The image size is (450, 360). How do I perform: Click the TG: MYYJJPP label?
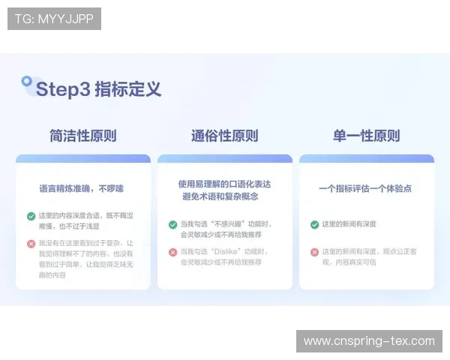pos(54,19)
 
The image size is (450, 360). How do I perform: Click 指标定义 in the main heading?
pos(127,89)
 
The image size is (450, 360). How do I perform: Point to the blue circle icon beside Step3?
pos(27,80)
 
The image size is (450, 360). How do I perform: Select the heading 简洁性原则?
pos(83,136)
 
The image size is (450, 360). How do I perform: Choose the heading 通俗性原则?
pos(224,136)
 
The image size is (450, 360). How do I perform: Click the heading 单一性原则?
pos(366,136)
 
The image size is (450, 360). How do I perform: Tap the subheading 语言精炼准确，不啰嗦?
pos(82,188)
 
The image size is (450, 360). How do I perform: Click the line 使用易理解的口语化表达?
pos(224,183)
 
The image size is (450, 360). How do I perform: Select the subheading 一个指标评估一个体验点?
pos(365,188)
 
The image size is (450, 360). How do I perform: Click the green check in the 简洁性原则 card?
pos(31,216)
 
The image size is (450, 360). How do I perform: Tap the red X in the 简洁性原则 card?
pos(31,244)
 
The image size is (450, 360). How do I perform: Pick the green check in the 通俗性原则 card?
pos(173,224)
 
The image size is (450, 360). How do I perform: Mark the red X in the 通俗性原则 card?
pos(173,252)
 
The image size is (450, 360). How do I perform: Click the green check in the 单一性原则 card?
pos(315,224)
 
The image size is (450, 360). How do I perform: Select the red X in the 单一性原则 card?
pos(315,252)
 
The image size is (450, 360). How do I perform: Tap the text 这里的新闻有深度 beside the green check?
pos(349,224)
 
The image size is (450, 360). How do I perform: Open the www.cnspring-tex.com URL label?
pos(369,341)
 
